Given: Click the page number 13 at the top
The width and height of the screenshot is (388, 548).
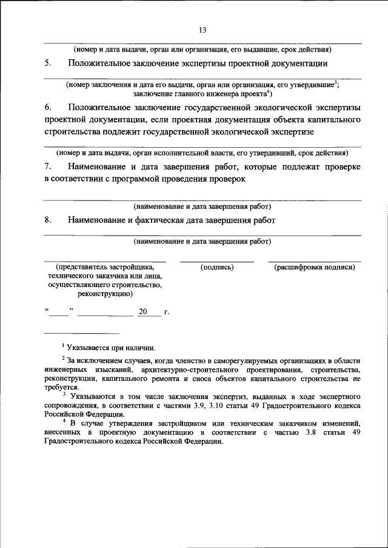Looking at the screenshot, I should [x=202, y=30].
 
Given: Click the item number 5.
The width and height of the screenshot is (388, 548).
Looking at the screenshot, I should [x=47, y=63].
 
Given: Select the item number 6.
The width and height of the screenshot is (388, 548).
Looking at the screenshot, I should [x=47, y=107].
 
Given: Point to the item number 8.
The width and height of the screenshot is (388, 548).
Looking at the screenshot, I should [x=47, y=220].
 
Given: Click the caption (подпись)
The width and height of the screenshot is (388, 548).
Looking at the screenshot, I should [x=216, y=267].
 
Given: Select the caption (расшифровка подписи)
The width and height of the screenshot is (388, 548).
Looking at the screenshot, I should [x=314, y=267].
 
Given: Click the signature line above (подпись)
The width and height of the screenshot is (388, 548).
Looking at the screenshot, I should [x=216, y=262].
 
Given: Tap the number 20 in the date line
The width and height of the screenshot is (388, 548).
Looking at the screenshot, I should [x=143, y=312].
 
